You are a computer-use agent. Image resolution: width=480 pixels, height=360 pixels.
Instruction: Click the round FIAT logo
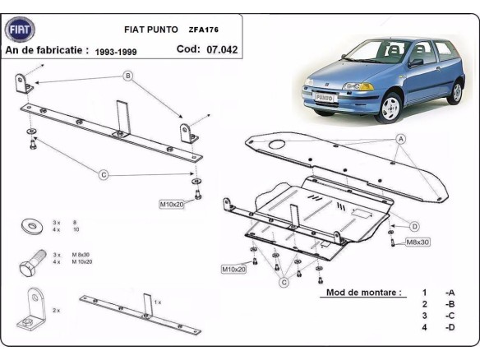click(x=21, y=30)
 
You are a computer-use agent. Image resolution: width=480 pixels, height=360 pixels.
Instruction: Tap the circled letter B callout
click(x=128, y=76)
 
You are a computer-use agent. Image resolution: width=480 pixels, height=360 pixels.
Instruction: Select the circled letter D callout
click(x=414, y=226)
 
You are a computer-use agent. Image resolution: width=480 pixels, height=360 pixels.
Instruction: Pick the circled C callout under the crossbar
click(x=104, y=173)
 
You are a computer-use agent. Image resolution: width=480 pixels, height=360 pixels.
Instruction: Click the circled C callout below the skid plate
click(x=283, y=283)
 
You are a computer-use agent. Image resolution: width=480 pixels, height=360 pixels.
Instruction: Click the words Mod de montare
click(x=364, y=292)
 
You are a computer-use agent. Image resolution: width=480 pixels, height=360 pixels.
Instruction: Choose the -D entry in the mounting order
click(x=450, y=327)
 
